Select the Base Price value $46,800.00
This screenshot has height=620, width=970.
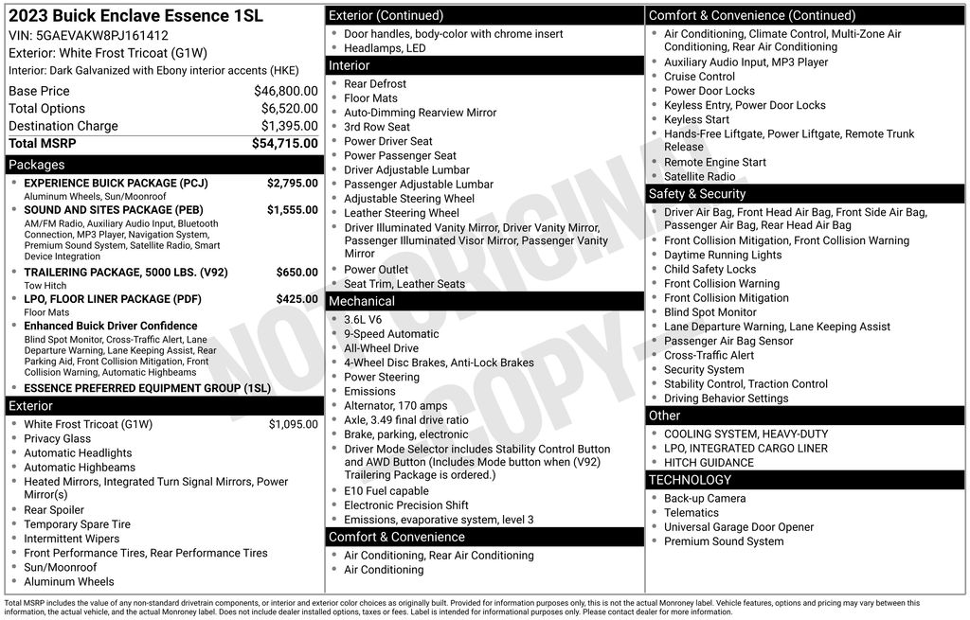tap(285, 91)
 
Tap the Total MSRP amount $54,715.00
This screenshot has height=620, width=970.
tap(284, 143)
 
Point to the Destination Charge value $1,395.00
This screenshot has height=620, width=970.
tap(289, 126)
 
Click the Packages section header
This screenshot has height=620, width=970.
tap(37, 165)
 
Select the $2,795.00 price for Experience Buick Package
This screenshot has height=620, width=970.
tap(292, 183)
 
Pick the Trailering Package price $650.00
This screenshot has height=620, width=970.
tap(296, 273)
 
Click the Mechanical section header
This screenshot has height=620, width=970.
tap(362, 301)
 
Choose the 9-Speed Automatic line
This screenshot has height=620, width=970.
tap(391, 334)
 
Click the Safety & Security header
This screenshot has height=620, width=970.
tap(697, 194)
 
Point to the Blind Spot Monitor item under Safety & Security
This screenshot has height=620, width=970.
tap(710, 312)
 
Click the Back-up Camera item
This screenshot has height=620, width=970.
tap(705, 499)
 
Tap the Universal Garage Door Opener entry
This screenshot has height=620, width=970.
tap(738, 527)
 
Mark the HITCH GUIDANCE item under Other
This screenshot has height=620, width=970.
tap(709, 463)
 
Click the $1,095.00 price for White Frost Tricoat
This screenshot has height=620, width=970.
tap(293, 424)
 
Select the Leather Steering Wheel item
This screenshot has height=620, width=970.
tap(401, 213)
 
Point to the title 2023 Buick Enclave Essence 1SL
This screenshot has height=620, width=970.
tap(135, 16)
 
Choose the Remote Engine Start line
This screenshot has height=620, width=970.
tap(715, 162)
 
